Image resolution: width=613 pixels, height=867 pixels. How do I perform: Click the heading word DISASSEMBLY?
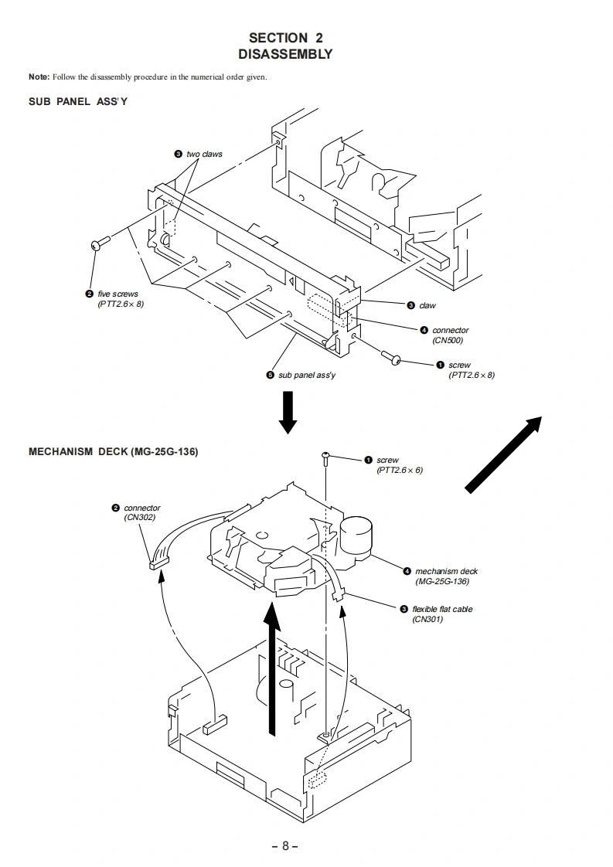[285, 54]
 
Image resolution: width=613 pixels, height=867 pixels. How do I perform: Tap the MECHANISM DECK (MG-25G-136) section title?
[113, 452]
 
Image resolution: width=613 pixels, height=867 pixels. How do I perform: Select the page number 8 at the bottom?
[284, 845]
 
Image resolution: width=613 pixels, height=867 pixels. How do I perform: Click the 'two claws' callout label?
[204, 155]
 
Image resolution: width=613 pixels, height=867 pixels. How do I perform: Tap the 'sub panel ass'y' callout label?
[307, 375]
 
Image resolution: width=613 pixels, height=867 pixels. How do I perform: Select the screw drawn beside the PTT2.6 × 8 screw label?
[393, 358]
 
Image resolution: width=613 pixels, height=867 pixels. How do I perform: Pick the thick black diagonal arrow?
[503, 453]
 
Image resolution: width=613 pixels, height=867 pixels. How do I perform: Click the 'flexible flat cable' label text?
[442, 609]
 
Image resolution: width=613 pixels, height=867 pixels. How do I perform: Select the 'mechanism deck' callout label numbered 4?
[446, 572]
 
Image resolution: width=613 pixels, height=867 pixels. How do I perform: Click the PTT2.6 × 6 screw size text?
[400, 470]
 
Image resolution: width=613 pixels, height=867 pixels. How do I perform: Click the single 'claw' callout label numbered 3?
[427, 306]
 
